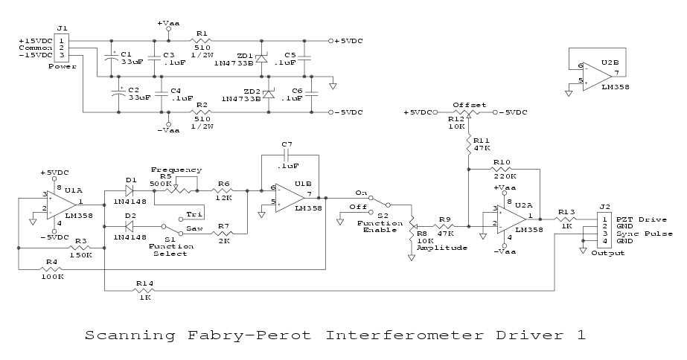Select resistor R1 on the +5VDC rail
(202, 40)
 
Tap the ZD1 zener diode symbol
(261, 59)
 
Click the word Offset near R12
(469, 105)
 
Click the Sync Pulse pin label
(645, 234)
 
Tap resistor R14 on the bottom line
(144, 290)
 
